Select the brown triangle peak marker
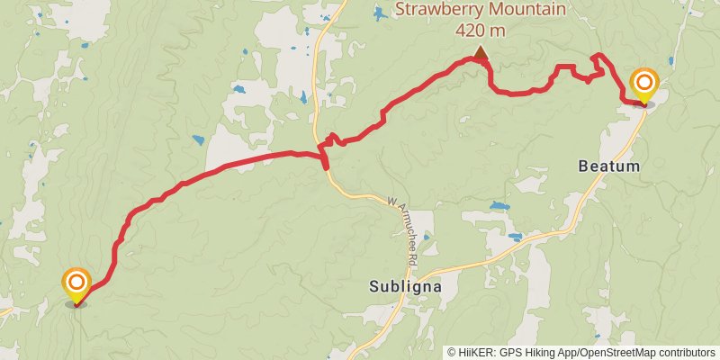481,53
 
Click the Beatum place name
608,167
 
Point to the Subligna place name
405,287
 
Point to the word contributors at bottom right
686,353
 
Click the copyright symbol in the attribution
452,353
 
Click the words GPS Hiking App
538,353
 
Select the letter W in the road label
392,201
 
